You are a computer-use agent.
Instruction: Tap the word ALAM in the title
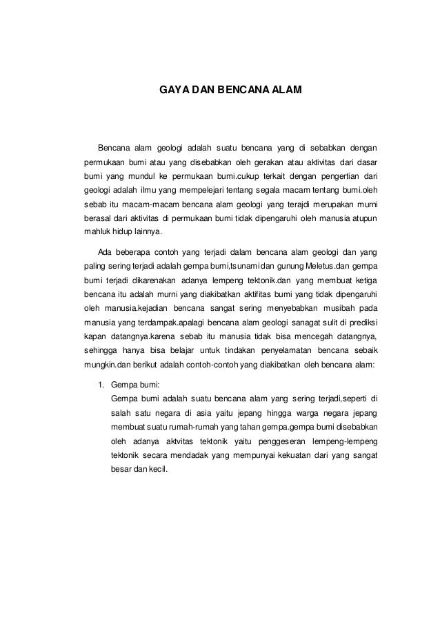point(286,90)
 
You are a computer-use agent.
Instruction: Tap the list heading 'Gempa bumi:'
point(135,384)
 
